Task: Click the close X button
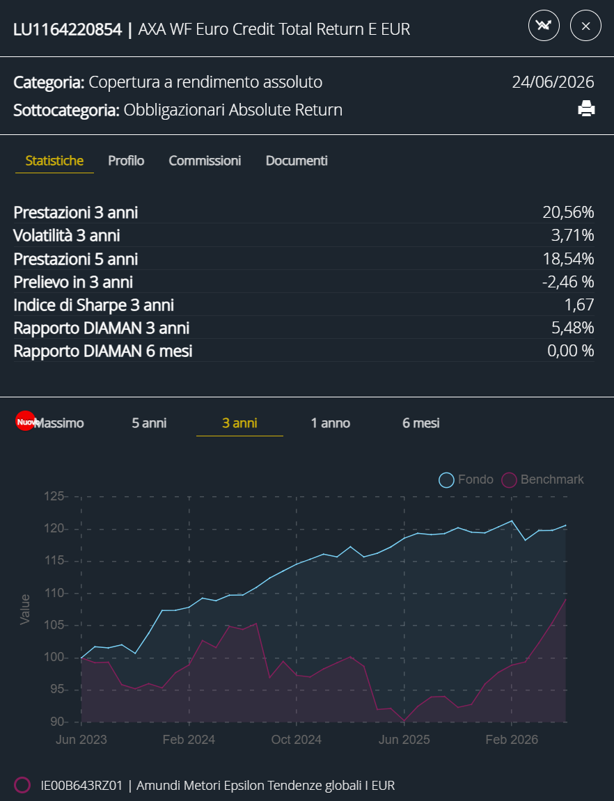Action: pyautogui.click(x=585, y=26)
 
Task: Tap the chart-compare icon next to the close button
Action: pyautogui.click(x=544, y=26)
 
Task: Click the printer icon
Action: pyautogui.click(x=586, y=109)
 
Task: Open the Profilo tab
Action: pyautogui.click(x=126, y=160)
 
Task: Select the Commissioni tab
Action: pyautogui.click(x=205, y=160)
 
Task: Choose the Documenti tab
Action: pyautogui.click(x=297, y=160)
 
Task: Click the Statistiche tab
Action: pyautogui.click(x=55, y=160)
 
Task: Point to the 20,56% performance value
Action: pyautogui.click(x=568, y=212)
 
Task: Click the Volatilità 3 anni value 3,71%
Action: pyautogui.click(x=573, y=235)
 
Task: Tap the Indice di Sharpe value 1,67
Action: pyautogui.click(x=579, y=305)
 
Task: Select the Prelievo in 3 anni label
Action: pyautogui.click(x=73, y=282)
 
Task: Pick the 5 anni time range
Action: pyautogui.click(x=149, y=423)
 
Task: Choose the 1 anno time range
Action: pyautogui.click(x=331, y=423)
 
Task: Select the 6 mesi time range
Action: pyautogui.click(x=421, y=423)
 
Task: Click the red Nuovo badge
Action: pyautogui.click(x=26, y=422)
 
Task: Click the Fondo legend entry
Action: pyautogui.click(x=466, y=479)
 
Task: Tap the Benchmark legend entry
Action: pyautogui.click(x=542, y=479)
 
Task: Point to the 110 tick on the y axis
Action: pyautogui.click(x=54, y=593)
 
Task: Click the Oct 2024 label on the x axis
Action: pyautogui.click(x=297, y=739)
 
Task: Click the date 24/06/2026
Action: pyautogui.click(x=553, y=81)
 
